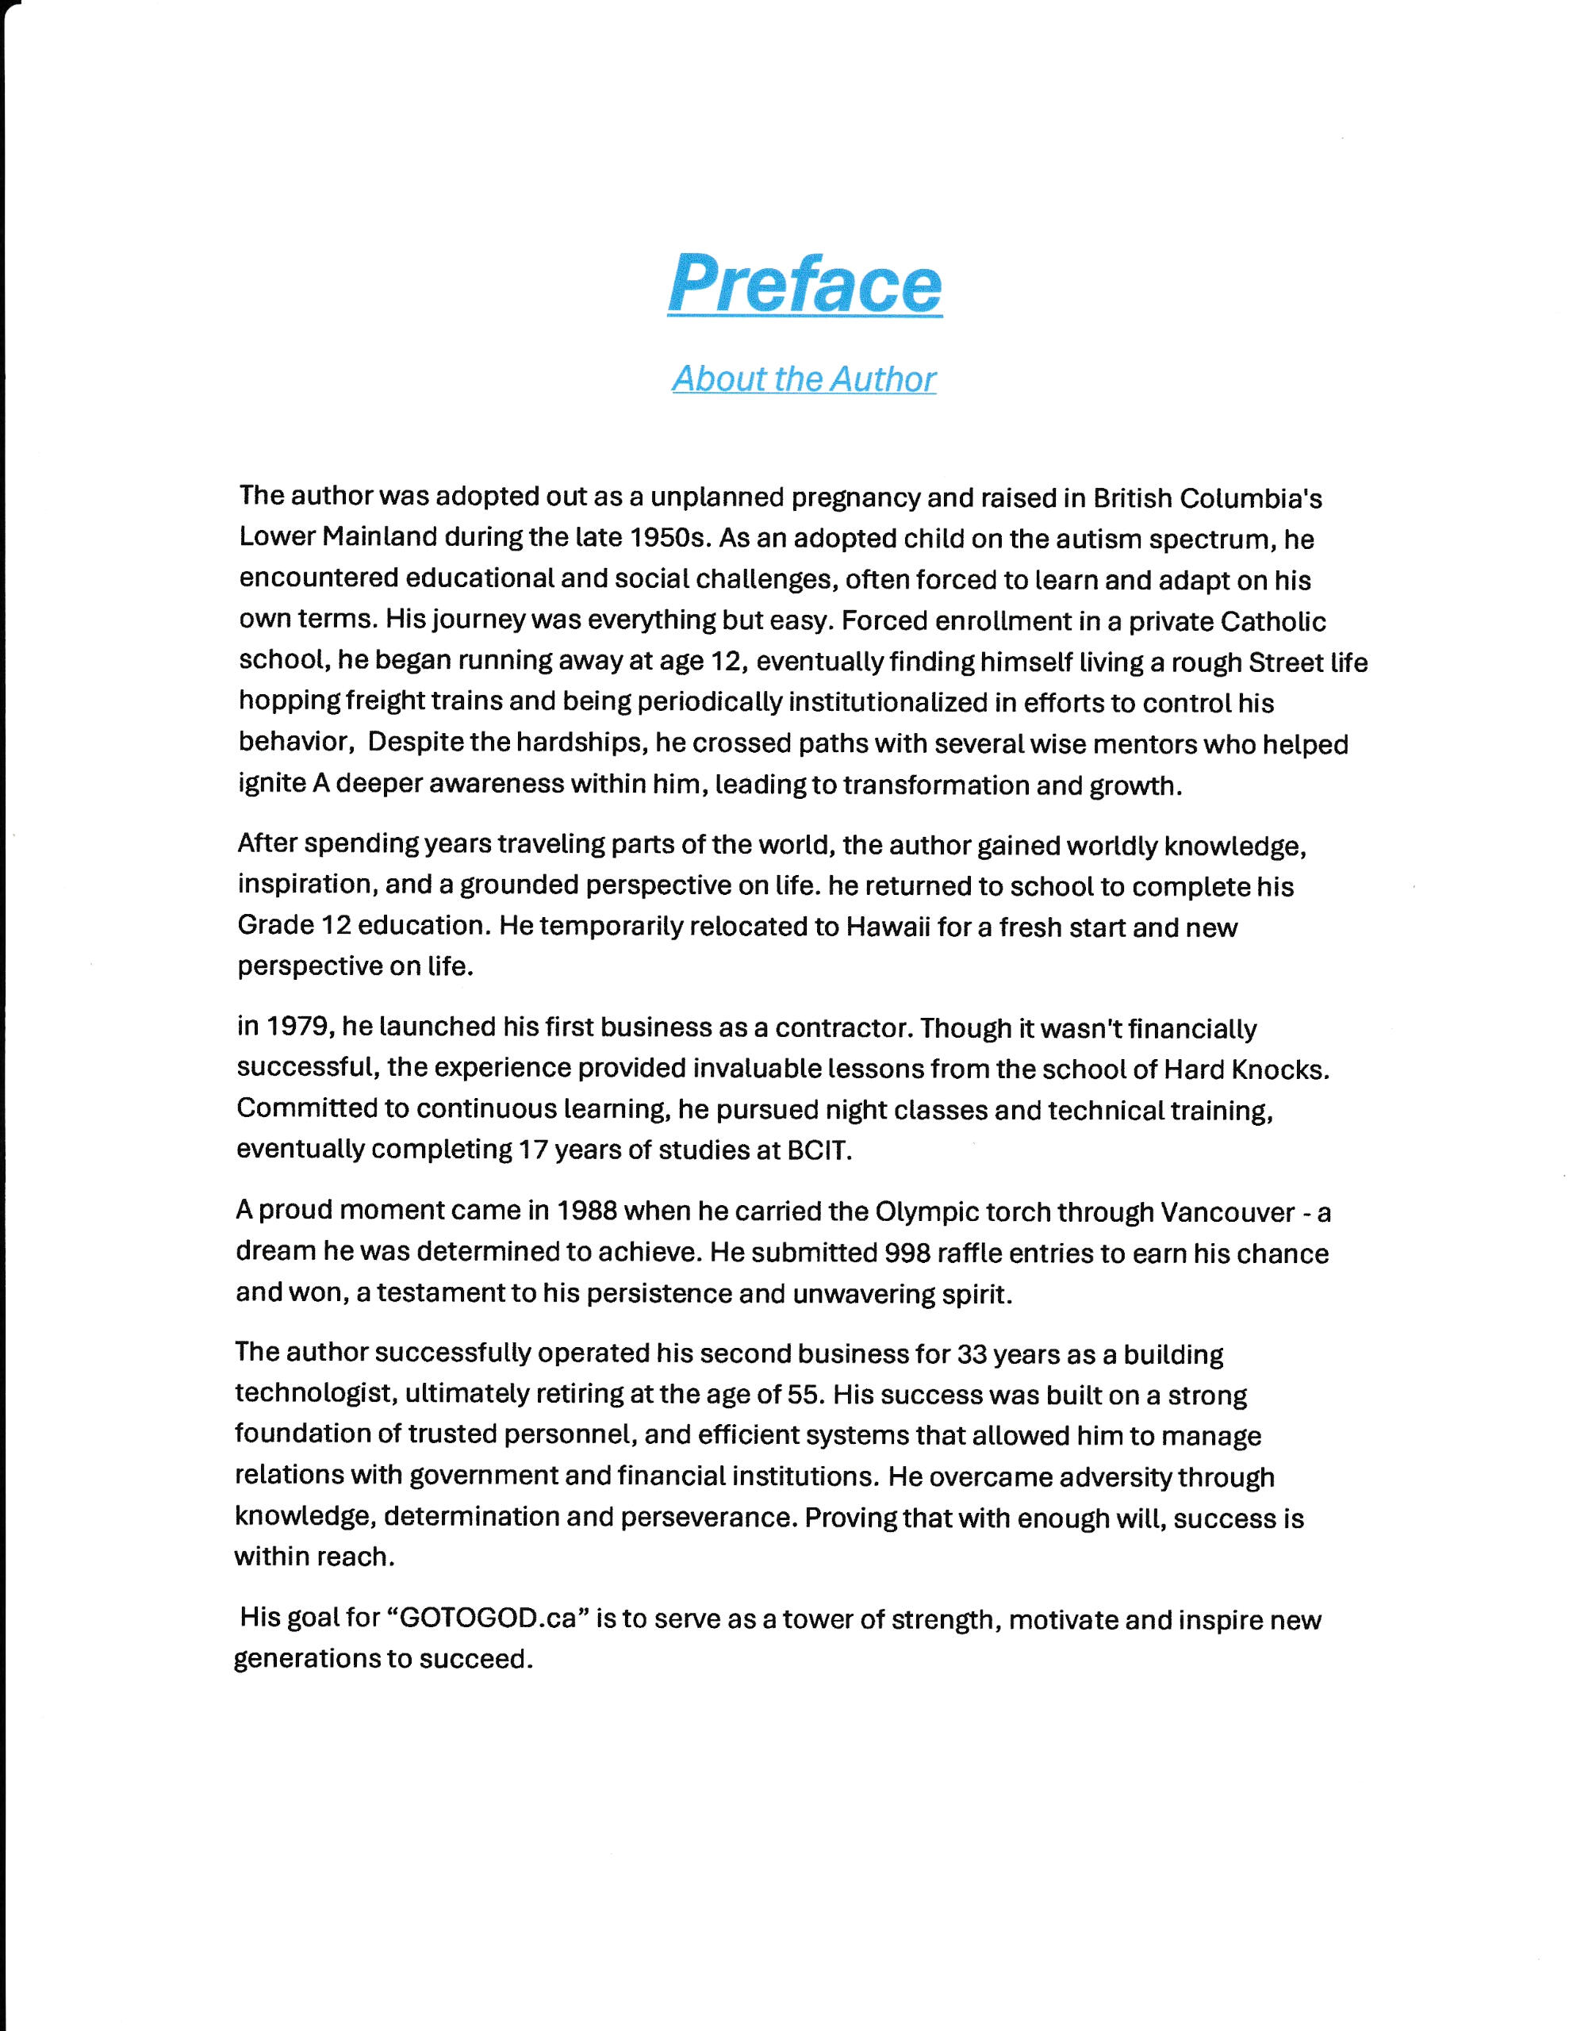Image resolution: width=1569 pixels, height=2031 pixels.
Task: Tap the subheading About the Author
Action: (804, 378)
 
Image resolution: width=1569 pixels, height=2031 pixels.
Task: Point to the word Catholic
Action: (1272, 620)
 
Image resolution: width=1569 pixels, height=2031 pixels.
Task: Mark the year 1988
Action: (586, 1211)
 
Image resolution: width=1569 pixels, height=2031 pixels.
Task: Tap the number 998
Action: (907, 1253)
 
